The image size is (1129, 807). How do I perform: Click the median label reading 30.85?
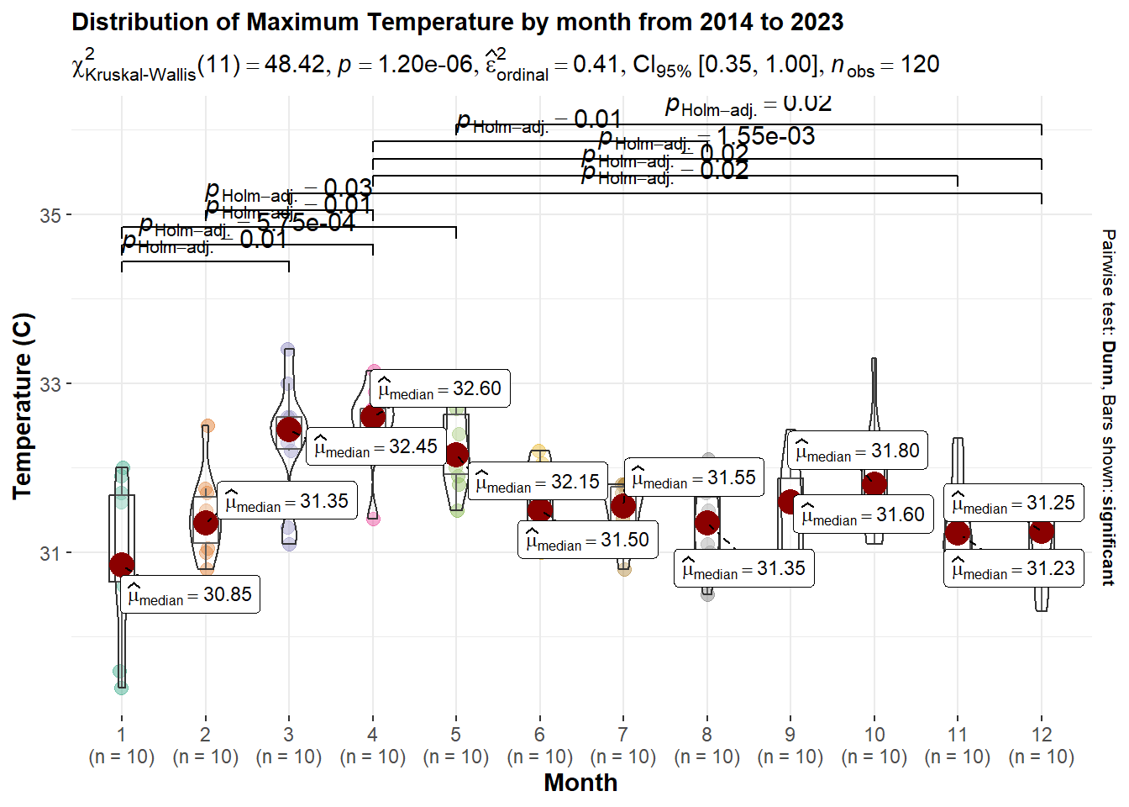pyautogui.click(x=190, y=595)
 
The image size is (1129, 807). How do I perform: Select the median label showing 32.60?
pyautogui.click(x=439, y=389)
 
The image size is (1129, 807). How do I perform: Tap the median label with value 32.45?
pyautogui.click(x=375, y=447)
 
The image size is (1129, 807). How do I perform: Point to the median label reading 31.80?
pyautogui.click(x=858, y=451)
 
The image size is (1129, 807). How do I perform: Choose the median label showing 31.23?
pyautogui.click(x=1013, y=569)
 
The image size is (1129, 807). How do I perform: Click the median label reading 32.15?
pyautogui.click(x=538, y=483)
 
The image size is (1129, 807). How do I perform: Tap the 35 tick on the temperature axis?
pyautogui.click(x=50, y=215)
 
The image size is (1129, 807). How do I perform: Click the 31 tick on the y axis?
pyautogui.click(x=50, y=553)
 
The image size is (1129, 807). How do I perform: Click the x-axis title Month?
pyautogui.click(x=580, y=783)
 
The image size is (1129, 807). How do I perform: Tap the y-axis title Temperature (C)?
pyautogui.click(x=23, y=406)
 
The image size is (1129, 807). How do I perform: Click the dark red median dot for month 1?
pyautogui.click(x=122, y=564)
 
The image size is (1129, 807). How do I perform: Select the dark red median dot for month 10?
pyautogui.click(x=874, y=483)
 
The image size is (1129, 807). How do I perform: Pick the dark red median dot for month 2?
pyautogui.click(x=206, y=523)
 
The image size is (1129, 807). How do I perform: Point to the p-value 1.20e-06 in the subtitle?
pyautogui.click(x=426, y=65)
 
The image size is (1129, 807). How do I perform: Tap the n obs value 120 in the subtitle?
pyautogui.click(x=920, y=65)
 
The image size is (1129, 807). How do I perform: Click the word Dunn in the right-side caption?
pyautogui.click(x=1109, y=362)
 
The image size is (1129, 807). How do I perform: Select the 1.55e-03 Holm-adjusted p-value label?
pyautogui.click(x=765, y=136)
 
